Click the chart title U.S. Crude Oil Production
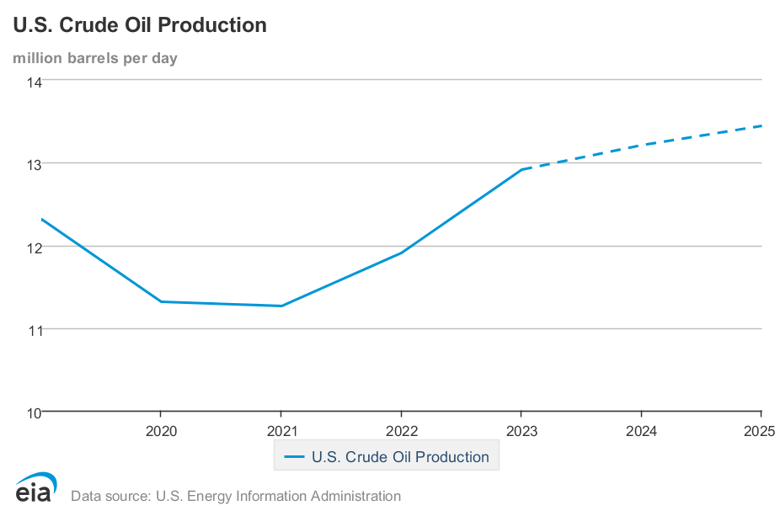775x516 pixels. pos(140,25)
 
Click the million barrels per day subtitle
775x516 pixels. pos(94,58)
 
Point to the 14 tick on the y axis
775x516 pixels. pos(34,82)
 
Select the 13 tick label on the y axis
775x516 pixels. pos(34,163)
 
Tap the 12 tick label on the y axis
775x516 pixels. pos(34,247)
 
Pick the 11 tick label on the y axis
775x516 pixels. pos(34,330)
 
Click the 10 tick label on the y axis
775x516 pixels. pos(34,412)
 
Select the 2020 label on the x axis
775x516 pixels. pos(161,431)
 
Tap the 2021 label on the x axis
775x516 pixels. pos(281,431)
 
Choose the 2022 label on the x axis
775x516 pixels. pos(401,431)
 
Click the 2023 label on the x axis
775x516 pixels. pos(521,431)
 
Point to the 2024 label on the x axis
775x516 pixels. pos(641,431)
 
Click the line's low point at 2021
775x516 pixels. pos(281,306)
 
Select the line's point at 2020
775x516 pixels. pos(161,301)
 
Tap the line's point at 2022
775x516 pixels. pos(401,253)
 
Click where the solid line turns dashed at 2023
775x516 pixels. pos(521,169)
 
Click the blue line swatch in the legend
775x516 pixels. pos(294,457)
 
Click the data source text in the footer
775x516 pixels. pos(236,496)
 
